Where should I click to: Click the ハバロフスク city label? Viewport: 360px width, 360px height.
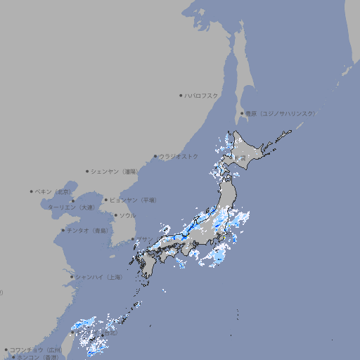point(202,95)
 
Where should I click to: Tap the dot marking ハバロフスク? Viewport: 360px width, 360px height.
point(181,95)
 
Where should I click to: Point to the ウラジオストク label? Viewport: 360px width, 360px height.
point(179,156)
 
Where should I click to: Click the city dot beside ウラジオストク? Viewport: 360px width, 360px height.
point(156,156)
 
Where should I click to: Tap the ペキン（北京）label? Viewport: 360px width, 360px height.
point(53,191)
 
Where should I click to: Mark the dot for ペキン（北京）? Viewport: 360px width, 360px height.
point(32,191)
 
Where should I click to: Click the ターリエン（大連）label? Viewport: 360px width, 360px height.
point(71,207)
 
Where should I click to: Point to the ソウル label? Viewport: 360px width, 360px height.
point(127,215)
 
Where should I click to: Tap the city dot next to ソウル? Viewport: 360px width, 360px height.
point(115,215)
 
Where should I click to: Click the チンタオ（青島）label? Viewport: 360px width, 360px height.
point(88,230)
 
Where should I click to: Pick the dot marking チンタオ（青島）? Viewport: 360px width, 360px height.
point(63,230)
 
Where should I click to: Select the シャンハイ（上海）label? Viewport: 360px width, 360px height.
point(98,277)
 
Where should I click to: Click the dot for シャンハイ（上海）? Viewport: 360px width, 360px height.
point(72,277)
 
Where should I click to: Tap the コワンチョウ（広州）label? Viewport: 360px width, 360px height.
point(35,349)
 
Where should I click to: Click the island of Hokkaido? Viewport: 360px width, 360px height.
point(250,151)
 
